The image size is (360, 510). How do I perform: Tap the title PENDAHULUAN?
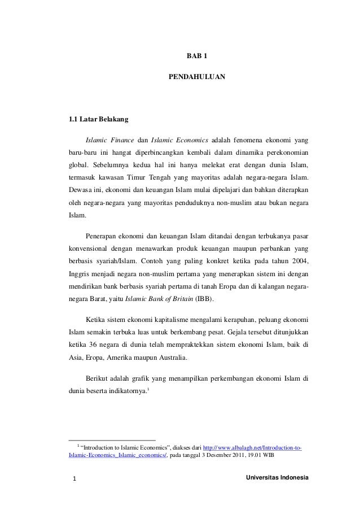pyautogui.click(x=197, y=75)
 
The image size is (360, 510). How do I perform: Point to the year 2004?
pyautogui.click(x=300, y=260)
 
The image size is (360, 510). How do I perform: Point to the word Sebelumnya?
pyautogui.click(x=108, y=164)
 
